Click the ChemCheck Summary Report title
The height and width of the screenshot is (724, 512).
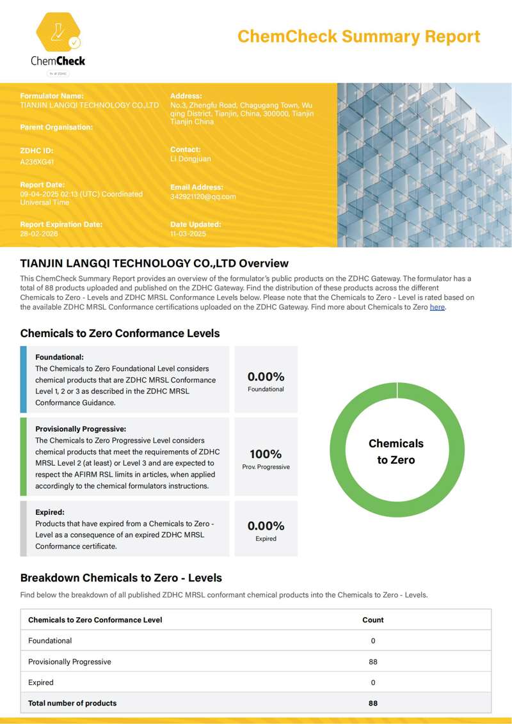[358, 36]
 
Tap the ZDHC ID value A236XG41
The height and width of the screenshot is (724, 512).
[37, 162]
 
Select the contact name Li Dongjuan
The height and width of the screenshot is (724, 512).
[190, 159]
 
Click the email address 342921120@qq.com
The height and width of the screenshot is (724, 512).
[203, 196]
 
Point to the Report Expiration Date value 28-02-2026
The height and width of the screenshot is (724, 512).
[39, 234]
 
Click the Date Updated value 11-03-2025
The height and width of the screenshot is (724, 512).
[188, 234]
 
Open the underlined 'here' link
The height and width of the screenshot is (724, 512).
[437, 307]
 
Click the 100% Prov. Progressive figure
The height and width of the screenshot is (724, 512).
[266, 455]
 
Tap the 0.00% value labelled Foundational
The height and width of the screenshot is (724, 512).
[266, 377]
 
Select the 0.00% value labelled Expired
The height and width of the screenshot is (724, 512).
[266, 526]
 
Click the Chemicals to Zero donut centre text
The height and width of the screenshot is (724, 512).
[396, 452]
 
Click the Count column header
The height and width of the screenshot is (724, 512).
[373, 620]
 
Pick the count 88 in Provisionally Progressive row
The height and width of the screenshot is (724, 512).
[373, 662]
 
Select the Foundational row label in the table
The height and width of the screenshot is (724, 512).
[50, 641]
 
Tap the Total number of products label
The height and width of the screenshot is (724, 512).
[72, 704]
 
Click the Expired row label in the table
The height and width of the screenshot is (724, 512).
[41, 682]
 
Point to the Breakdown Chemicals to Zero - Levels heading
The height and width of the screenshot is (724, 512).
[121, 578]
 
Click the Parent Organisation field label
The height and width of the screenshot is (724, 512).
[56, 127]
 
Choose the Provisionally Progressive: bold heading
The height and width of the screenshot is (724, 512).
[81, 429]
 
